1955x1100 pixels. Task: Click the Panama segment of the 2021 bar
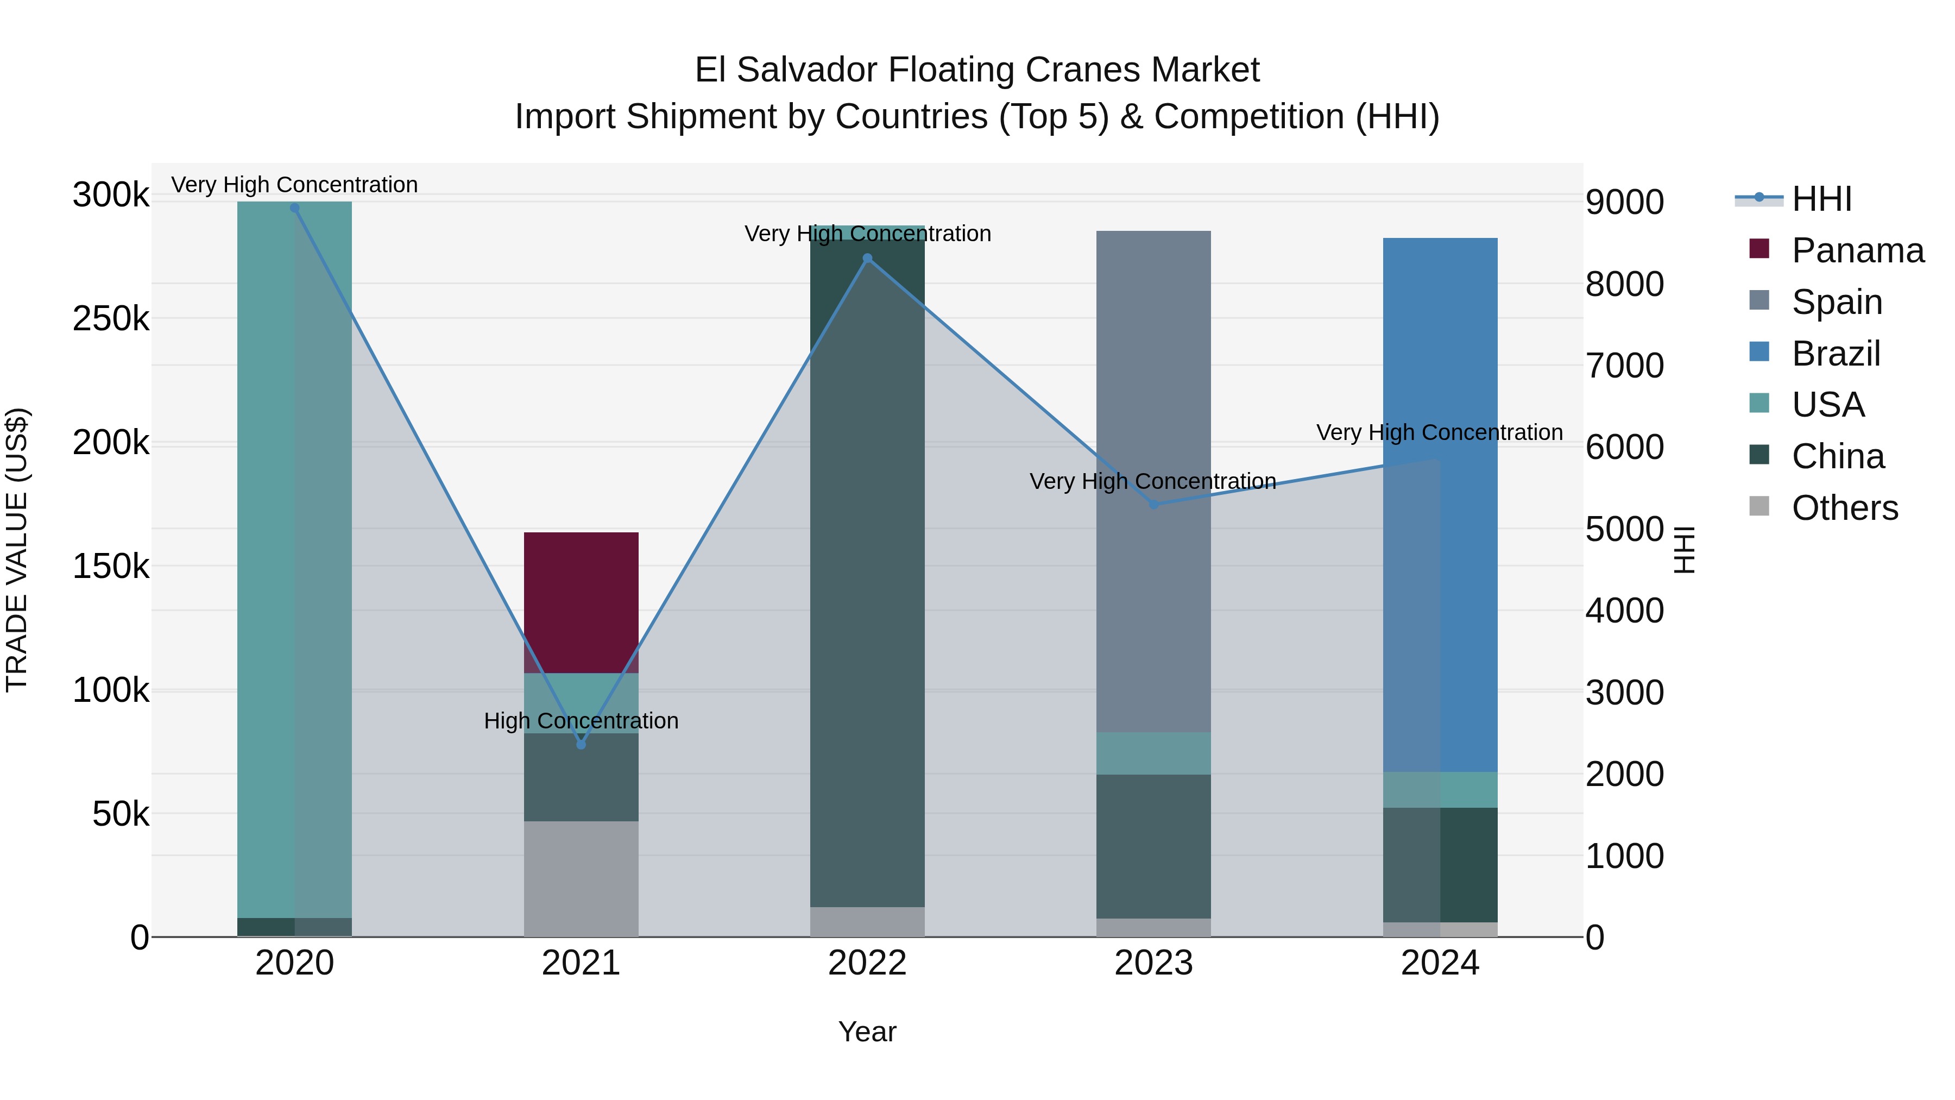point(581,602)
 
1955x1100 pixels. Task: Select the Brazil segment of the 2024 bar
point(1440,504)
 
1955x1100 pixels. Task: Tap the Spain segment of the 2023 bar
point(1153,481)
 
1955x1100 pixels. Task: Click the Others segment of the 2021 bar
point(581,878)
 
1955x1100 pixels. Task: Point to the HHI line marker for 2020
point(294,208)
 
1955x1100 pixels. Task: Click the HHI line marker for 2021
point(581,745)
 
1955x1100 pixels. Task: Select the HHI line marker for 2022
point(867,258)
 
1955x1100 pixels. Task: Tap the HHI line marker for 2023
point(1153,505)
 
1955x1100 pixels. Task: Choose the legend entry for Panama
point(1857,250)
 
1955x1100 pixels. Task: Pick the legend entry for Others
point(1844,508)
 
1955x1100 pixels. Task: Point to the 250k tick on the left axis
point(111,319)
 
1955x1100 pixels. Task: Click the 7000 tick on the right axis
point(1624,366)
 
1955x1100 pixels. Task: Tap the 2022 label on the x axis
point(867,963)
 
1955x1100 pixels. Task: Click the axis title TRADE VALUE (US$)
point(17,550)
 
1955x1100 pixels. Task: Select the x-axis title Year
point(867,1032)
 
